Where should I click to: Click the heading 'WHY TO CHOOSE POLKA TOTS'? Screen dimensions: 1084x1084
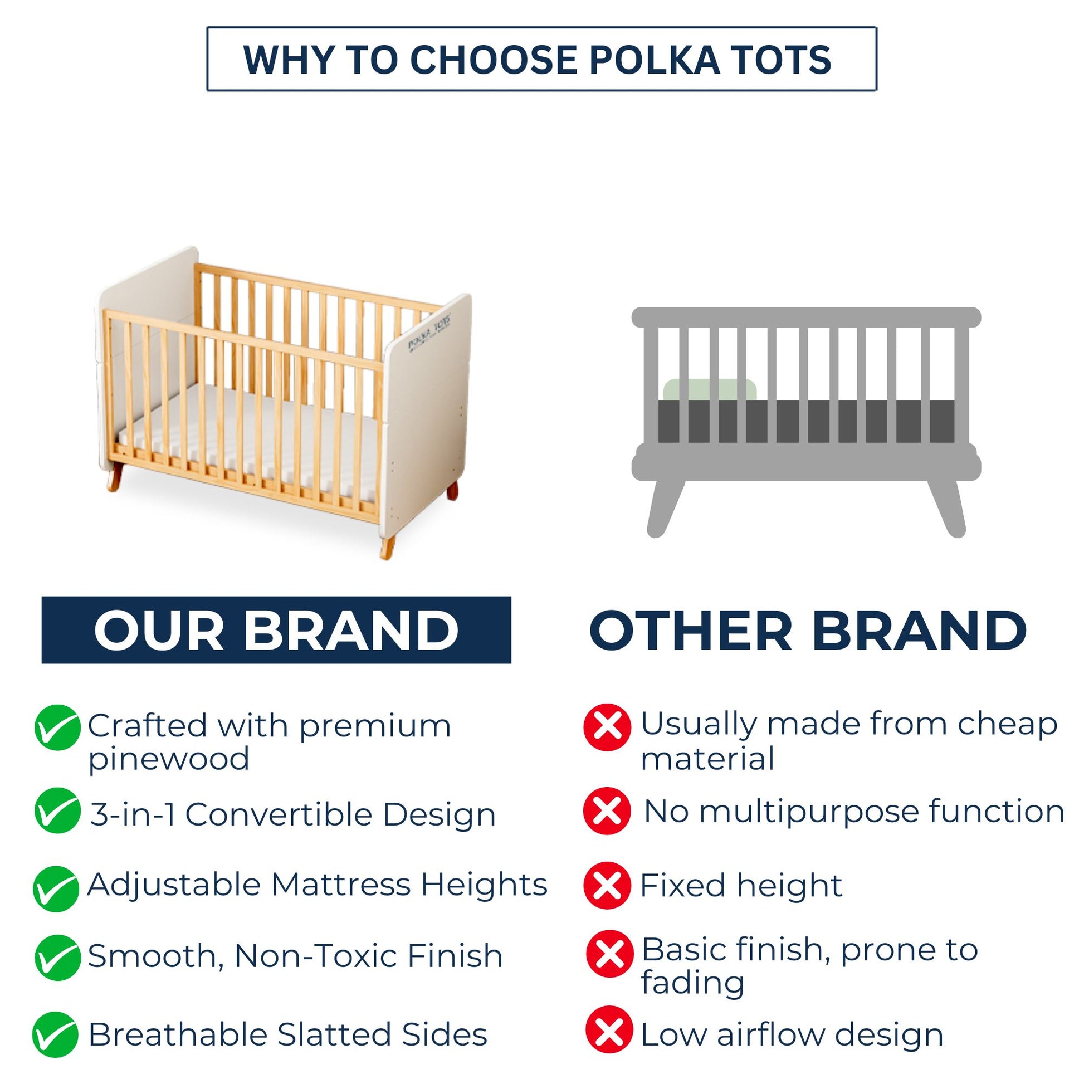[x=537, y=60]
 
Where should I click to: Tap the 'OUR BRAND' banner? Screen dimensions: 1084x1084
[x=276, y=629]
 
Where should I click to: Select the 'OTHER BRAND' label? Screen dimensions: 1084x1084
[x=808, y=630]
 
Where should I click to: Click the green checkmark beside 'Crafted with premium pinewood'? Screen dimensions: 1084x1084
[x=57, y=727]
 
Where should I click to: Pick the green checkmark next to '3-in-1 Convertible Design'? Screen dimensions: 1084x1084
[x=57, y=810]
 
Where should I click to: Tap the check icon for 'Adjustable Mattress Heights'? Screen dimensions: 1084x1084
[x=56, y=888]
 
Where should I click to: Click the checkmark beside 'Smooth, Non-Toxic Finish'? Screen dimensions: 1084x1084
[x=57, y=957]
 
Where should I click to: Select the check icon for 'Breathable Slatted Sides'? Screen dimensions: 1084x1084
[x=56, y=1034]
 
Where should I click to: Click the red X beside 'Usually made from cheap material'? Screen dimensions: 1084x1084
[x=607, y=727]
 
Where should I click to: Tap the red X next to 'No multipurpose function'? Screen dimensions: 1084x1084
[x=607, y=810]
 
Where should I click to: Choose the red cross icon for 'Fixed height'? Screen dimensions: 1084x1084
[x=607, y=886]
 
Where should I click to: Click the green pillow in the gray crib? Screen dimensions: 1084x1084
[x=710, y=390]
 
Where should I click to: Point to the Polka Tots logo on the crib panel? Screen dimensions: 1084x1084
[x=429, y=334]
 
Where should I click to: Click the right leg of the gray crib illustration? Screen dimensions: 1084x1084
[x=947, y=509]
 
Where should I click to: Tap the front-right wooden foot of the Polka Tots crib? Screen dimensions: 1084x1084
[x=387, y=546]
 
